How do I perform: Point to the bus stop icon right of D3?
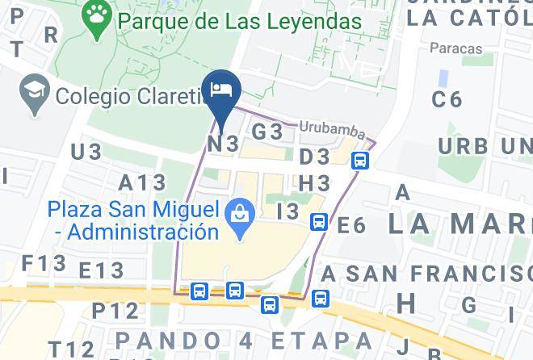pos(360,161)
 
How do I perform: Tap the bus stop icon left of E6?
pos(319,222)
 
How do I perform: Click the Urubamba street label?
pos(332,129)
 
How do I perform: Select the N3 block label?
pos(224,144)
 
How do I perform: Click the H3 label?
pos(314,184)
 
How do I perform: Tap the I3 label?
pos(287,212)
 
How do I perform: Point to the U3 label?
pos(86,152)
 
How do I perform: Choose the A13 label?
pos(142,182)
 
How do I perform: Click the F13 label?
pos(44,263)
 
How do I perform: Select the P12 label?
pos(115,310)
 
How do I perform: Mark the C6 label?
pos(447,99)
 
